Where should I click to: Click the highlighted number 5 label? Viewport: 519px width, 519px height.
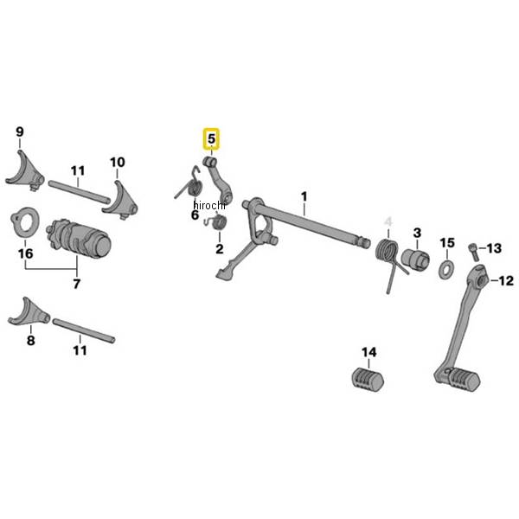coord(211,139)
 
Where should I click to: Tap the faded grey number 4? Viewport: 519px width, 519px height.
coord(388,221)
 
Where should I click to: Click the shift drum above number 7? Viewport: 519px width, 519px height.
coord(79,238)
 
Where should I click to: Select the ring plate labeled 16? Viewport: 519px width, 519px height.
coord(25,222)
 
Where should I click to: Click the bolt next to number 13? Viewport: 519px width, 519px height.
coord(474,253)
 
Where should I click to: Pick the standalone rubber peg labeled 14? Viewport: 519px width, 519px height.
coord(368,380)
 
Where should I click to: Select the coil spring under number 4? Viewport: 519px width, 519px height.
coord(390,261)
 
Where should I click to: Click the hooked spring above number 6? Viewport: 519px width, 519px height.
coord(190,185)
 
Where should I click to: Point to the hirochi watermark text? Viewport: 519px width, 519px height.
coord(209,206)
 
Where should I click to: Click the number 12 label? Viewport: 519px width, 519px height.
coord(506,281)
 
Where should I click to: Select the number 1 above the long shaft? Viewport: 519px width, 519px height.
coord(304,196)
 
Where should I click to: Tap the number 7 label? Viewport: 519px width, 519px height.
coord(76,284)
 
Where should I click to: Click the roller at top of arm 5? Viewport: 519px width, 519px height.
coord(209,162)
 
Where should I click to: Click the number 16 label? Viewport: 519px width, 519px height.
coord(25,253)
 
